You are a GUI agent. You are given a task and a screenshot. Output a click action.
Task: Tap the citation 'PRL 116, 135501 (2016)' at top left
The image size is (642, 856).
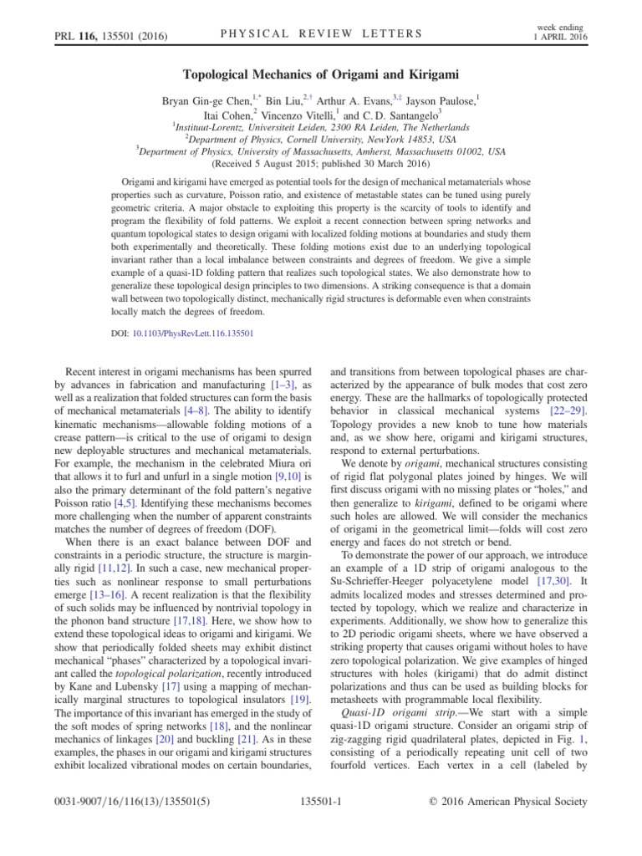click(x=99, y=35)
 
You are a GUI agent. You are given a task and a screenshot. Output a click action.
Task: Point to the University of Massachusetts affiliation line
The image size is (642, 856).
click(x=321, y=152)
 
